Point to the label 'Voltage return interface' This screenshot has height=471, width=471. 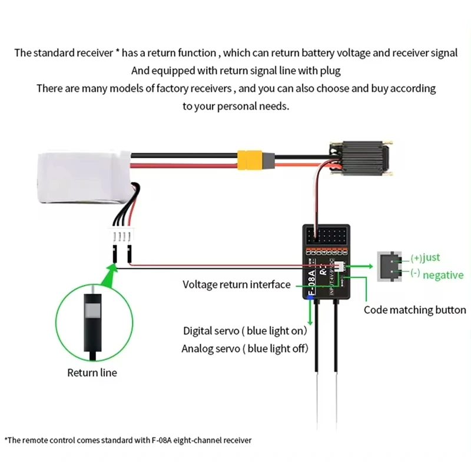click(x=236, y=284)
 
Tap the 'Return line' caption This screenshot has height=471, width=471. click(x=92, y=372)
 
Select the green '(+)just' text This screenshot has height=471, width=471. click(x=425, y=257)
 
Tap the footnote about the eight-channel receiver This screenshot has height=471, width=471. click(x=128, y=440)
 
